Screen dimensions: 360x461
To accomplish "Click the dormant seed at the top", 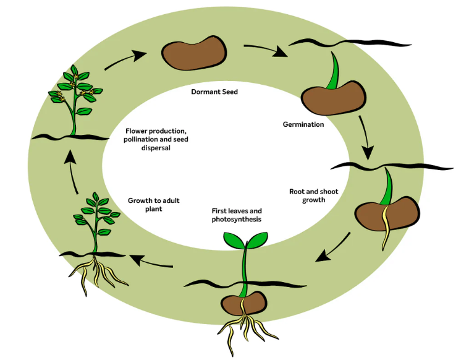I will tap(193, 53).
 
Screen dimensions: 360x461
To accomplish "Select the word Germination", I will tap(303, 124).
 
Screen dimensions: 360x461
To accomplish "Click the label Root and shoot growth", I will tap(313, 195).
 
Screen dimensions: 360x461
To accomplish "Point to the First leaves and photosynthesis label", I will tap(237, 215).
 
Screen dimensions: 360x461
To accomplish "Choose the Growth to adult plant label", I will tap(153, 205).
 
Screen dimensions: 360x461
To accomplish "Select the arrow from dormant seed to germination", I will tap(266, 49).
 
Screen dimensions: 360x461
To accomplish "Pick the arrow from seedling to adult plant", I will tap(154, 263).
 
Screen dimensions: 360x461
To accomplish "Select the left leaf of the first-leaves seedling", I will tap(232, 239).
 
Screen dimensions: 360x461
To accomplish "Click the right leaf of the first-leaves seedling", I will tap(257, 237).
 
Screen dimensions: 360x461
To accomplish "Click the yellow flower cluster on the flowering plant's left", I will tap(60, 96).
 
